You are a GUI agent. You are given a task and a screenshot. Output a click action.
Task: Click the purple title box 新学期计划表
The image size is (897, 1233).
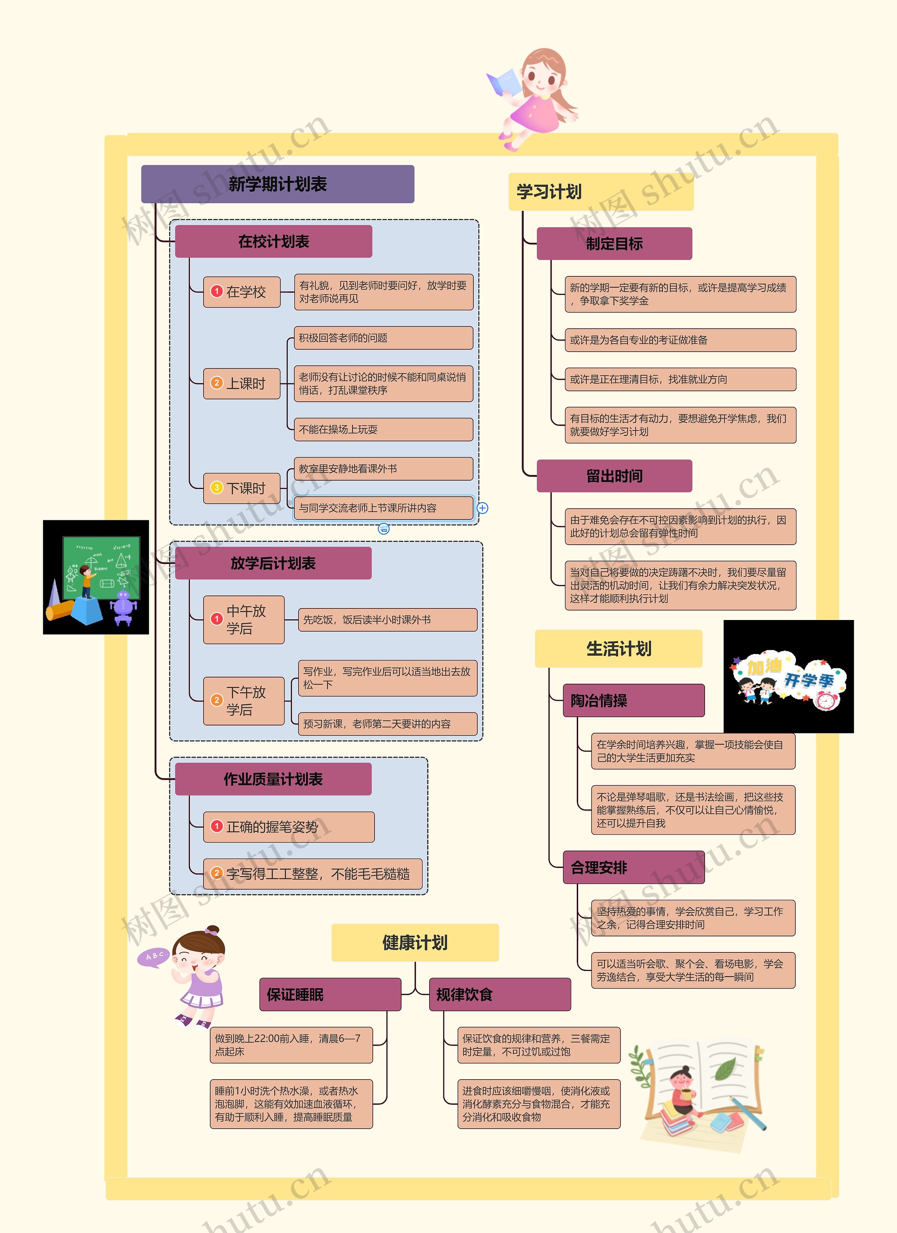[278, 184]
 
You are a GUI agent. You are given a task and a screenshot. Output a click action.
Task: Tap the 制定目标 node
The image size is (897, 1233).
[614, 243]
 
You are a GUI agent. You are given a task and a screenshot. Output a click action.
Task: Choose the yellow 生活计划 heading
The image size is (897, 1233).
[618, 649]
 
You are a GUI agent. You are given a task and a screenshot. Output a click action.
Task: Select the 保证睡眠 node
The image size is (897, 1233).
[330, 994]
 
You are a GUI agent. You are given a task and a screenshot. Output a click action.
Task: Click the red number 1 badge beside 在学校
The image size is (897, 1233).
[217, 291]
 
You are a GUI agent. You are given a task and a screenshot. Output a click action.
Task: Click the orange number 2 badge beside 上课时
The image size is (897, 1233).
[217, 383]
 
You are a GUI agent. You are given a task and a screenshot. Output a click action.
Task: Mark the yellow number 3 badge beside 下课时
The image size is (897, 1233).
[217, 488]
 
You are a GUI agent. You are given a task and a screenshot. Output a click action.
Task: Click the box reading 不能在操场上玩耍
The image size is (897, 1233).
[383, 429]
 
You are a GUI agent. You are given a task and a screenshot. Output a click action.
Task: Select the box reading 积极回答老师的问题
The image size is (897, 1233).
[383, 338]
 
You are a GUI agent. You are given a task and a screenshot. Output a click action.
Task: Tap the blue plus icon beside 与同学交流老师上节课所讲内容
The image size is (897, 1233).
[482, 508]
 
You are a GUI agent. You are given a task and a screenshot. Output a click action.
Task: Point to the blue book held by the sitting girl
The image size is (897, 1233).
[502, 83]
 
